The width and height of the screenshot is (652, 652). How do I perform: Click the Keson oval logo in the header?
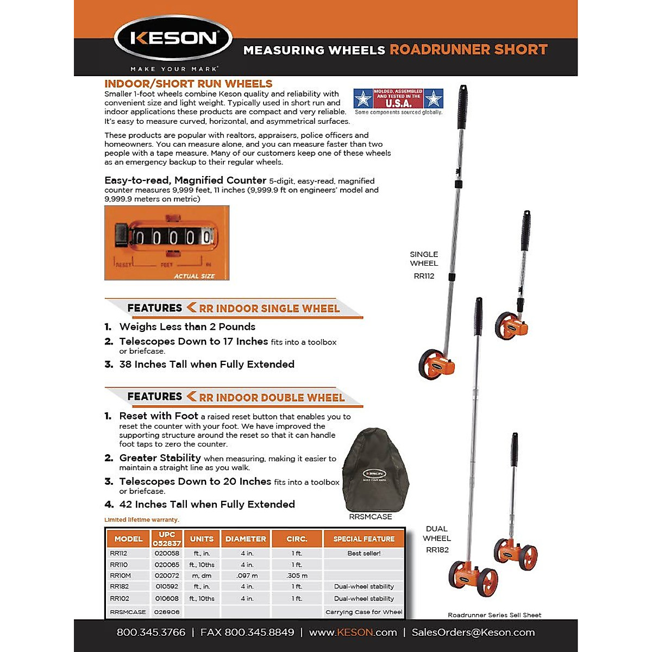[173, 39]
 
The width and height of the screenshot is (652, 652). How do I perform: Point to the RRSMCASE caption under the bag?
[370, 517]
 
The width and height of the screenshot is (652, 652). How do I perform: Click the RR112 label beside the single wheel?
[424, 276]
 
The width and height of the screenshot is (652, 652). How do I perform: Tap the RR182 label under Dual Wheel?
[437, 550]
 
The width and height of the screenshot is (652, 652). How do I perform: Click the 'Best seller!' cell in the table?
[363, 553]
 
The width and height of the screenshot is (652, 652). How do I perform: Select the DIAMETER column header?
[246, 539]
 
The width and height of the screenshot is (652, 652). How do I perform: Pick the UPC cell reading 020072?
[167, 575]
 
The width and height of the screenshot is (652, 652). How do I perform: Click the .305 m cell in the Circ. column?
[297, 575]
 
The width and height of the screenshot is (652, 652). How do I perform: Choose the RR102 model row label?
[120, 598]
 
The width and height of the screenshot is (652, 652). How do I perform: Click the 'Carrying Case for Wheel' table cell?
[363, 612]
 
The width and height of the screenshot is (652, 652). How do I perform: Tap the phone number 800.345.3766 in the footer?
[151, 632]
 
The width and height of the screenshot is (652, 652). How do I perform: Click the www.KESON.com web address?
[353, 632]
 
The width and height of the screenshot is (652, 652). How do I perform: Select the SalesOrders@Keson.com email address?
[473, 632]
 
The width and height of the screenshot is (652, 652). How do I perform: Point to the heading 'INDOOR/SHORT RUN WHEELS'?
[188, 84]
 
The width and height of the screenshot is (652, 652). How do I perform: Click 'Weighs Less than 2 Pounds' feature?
[187, 327]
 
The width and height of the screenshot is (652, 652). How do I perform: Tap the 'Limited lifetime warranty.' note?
[142, 520]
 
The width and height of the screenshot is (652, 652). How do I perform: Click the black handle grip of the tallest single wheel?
[462, 106]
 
